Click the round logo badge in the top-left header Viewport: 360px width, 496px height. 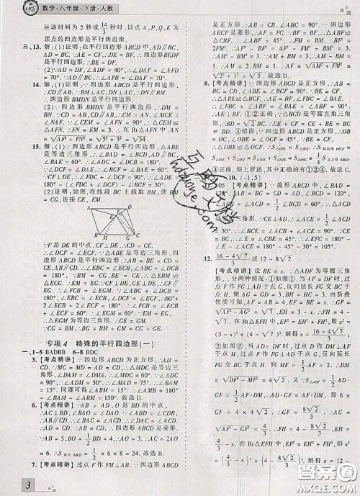[x=14, y=9]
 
